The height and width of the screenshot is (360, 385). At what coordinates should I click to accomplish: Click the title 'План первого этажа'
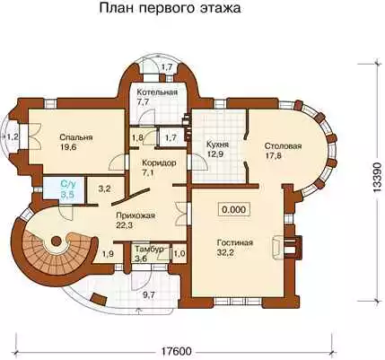(x=170, y=9)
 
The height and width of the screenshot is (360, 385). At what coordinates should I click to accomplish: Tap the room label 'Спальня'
(x=76, y=137)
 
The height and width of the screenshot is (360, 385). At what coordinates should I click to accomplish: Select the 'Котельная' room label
(x=157, y=92)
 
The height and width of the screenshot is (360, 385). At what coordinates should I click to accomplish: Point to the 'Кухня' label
(x=217, y=145)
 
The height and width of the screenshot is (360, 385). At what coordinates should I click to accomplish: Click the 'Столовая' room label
(x=283, y=146)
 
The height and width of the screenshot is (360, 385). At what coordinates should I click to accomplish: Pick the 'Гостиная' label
(x=235, y=242)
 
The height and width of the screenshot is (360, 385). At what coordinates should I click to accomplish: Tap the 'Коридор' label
(x=159, y=163)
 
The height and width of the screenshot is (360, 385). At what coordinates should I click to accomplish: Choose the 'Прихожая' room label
(x=136, y=215)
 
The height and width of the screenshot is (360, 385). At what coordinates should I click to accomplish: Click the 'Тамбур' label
(x=149, y=250)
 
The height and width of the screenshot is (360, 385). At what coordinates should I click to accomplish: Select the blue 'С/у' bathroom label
(x=68, y=183)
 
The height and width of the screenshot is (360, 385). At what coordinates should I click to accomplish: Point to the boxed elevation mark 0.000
(x=234, y=209)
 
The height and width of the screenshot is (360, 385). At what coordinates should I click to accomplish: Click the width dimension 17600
(x=176, y=350)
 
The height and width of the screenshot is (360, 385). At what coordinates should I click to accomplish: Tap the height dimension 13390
(x=378, y=178)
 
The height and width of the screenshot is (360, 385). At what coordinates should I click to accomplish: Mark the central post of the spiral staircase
(x=56, y=240)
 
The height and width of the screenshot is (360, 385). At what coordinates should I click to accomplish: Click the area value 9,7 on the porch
(x=149, y=295)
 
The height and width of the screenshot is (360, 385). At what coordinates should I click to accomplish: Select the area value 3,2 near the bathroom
(x=105, y=189)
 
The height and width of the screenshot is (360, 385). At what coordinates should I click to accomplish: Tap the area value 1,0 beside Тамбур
(x=179, y=254)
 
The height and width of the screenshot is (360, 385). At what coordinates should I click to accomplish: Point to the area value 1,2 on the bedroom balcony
(x=13, y=137)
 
